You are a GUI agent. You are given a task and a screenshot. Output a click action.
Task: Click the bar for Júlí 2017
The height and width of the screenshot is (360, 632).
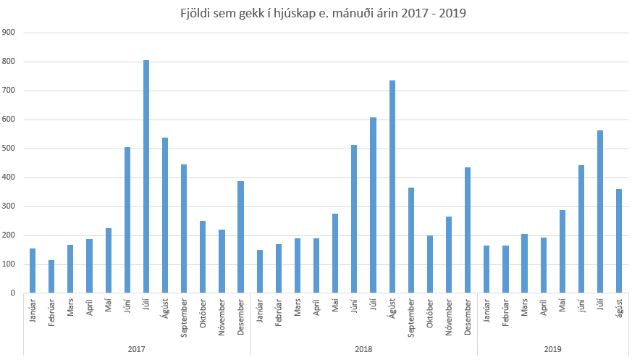146,177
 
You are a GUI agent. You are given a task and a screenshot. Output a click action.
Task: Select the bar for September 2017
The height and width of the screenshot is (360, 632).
184,229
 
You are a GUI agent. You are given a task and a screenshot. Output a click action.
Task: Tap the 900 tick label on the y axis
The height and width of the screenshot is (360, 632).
9,33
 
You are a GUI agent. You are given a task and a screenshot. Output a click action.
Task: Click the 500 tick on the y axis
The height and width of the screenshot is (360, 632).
9,148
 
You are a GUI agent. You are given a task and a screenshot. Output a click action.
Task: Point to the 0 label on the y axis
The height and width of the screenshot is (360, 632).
14,293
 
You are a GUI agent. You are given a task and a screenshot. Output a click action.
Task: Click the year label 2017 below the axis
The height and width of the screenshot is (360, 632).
137,348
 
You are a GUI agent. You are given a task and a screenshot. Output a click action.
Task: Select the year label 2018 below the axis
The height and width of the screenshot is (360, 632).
363,348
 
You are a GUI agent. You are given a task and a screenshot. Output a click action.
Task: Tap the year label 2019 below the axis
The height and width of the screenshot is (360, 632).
553,348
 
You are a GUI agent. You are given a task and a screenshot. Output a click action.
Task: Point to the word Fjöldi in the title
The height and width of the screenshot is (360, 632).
195,13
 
